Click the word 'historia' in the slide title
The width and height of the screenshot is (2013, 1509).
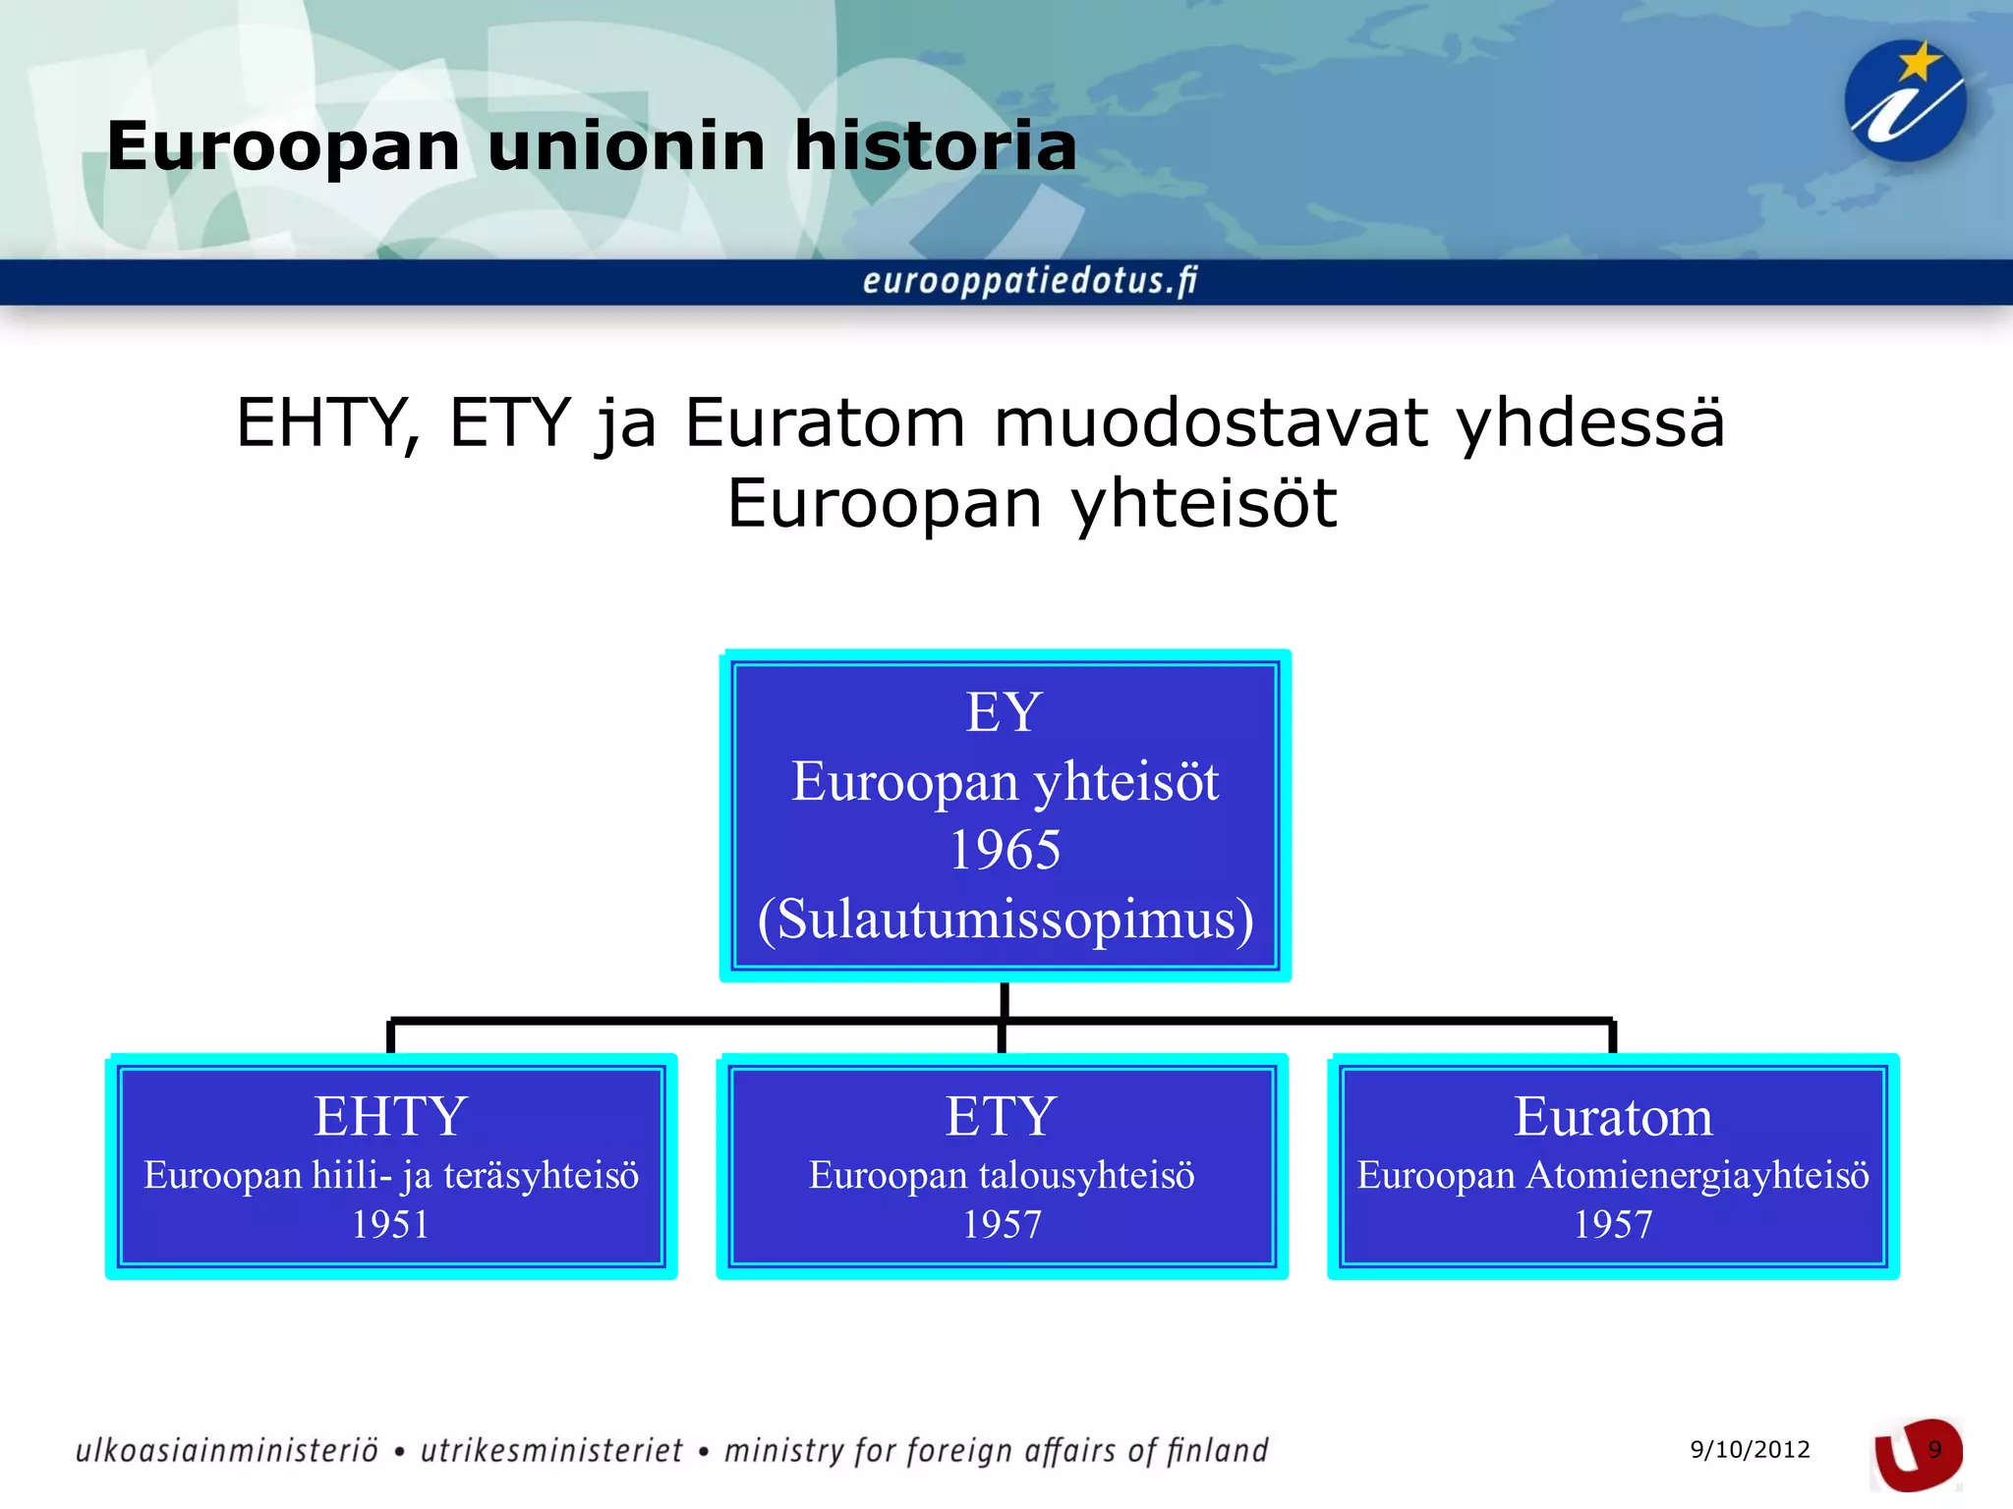coord(935,146)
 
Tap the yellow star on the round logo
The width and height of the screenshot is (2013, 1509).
coord(1918,63)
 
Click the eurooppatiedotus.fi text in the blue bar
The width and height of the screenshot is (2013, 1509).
coord(1029,281)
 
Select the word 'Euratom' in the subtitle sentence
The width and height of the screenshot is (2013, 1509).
coord(825,423)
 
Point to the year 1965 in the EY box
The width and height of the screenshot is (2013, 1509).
coord(1005,850)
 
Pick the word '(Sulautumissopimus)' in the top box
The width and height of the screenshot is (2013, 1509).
coord(1005,920)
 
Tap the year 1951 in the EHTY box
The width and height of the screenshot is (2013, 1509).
coord(390,1224)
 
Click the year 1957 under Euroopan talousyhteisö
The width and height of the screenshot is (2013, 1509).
coord(1002,1224)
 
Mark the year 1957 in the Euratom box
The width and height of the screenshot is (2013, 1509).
coord(1613,1224)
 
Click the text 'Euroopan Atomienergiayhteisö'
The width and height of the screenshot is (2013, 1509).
coord(1613,1175)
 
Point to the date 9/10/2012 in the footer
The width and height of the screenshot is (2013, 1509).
coord(1750,1449)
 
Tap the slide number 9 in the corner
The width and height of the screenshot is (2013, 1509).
coord(1934,1450)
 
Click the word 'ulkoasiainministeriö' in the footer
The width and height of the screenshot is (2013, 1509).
coord(227,1451)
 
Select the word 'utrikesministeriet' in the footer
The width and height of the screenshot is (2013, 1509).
coord(551,1451)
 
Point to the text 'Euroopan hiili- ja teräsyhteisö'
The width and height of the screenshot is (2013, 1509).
coord(391,1175)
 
